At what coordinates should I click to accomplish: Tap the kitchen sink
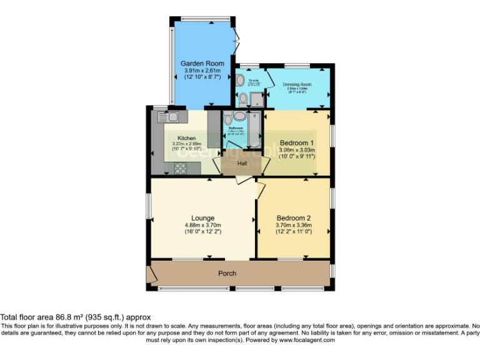click(169, 116)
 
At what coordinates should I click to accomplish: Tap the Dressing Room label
click(297, 84)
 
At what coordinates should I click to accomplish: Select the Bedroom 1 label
click(297, 142)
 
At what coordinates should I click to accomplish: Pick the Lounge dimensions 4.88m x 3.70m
click(202, 225)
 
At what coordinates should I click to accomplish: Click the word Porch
click(227, 274)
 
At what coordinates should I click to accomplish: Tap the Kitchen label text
click(186, 138)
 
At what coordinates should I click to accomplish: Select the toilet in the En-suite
click(243, 98)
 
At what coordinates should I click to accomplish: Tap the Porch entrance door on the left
click(150, 274)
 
